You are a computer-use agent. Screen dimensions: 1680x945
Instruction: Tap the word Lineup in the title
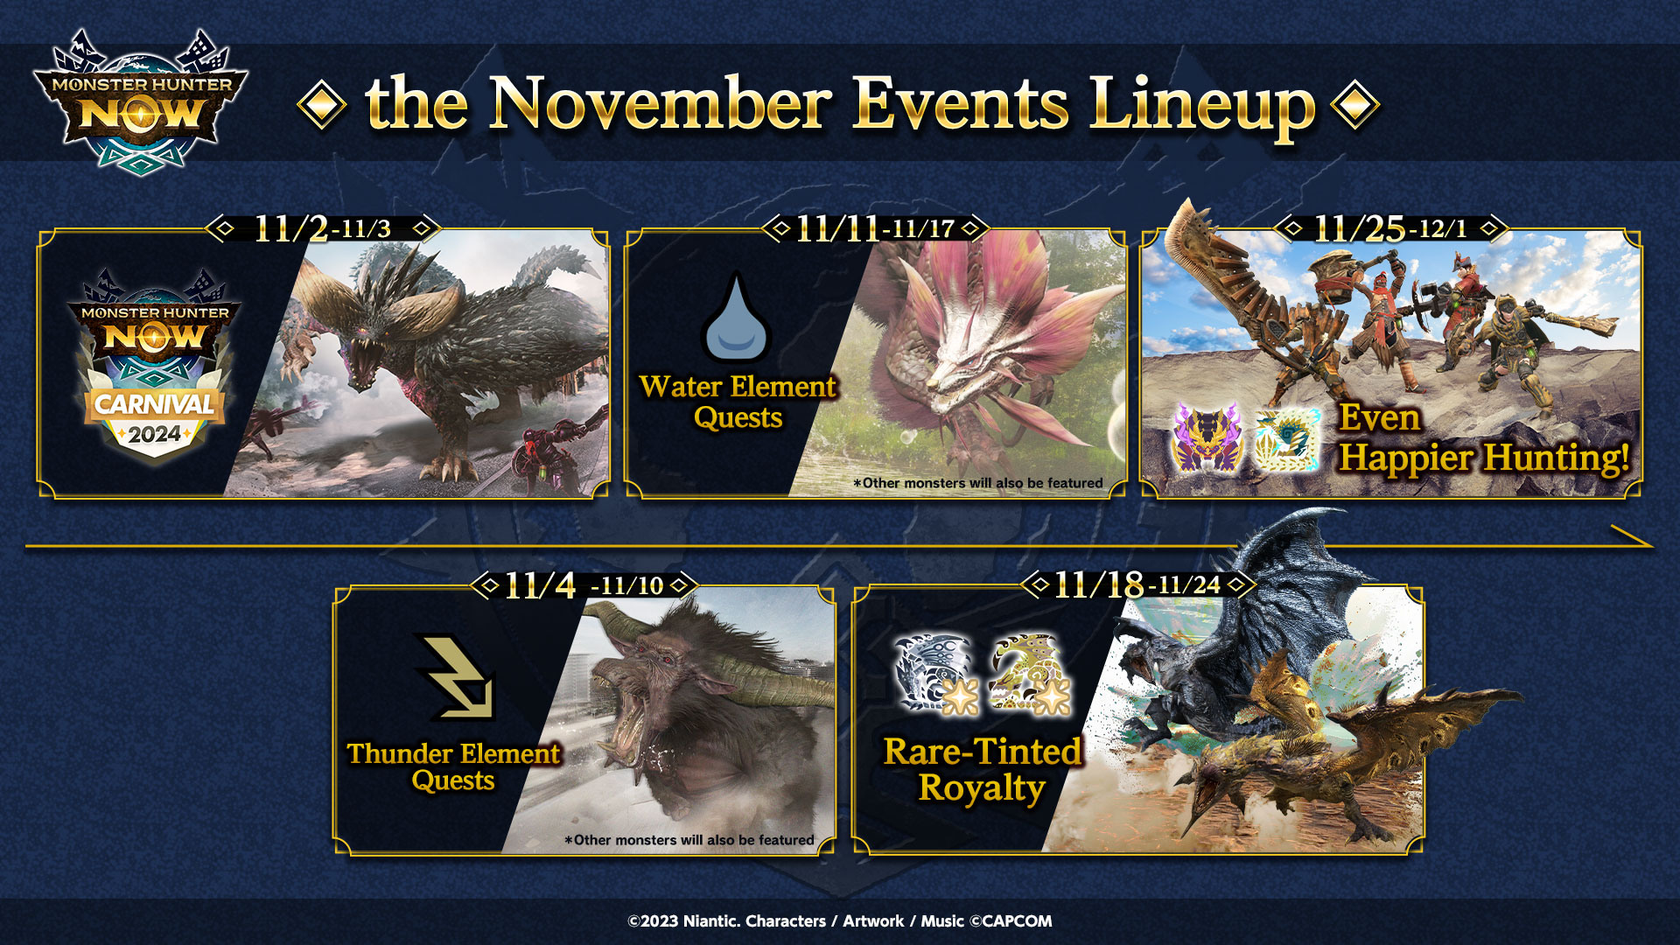tap(1202, 107)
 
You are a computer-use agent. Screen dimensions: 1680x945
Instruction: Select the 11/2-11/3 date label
tap(322, 228)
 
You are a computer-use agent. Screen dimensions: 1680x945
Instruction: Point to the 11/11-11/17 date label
tap(874, 228)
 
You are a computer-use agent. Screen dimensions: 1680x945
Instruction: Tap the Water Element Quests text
tap(738, 402)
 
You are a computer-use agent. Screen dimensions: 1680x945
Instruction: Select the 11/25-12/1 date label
tap(1390, 228)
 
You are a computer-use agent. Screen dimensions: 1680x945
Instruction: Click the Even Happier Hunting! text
tap(1484, 438)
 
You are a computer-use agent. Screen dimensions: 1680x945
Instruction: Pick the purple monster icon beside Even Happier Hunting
tap(1207, 437)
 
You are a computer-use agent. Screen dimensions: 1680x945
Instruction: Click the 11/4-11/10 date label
tap(584, 584)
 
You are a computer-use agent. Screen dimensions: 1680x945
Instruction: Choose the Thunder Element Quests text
tap(453, 766)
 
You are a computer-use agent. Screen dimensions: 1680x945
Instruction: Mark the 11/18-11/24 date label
tap(1137, 584)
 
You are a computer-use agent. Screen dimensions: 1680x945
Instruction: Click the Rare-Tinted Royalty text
tap(982, 769)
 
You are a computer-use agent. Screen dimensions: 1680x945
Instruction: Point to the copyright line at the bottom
tap(840, 920)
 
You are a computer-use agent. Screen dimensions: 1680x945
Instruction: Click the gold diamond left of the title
tap(322, 105)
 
